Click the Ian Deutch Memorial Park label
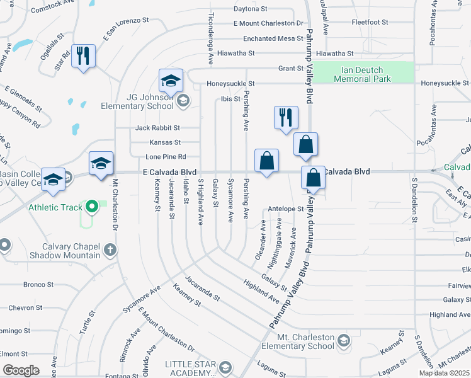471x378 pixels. coord(363,74)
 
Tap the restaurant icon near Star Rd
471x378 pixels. coord(83,56)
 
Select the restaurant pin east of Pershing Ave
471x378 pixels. coord(286,117)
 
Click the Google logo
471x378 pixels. coord(21,370)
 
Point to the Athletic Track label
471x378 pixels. coord(55,207)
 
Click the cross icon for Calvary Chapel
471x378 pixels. coord(110,250)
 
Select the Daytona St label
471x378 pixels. coord(251,9)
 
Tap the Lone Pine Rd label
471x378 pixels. coord(166,157)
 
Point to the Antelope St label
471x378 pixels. coord(286,209)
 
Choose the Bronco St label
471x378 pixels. coord(38,285)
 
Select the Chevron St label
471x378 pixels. coord(26,308)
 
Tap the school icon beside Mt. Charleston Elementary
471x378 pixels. coord(343,341)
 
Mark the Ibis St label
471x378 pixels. coord(230,99)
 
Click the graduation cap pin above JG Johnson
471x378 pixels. coord(170,81)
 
